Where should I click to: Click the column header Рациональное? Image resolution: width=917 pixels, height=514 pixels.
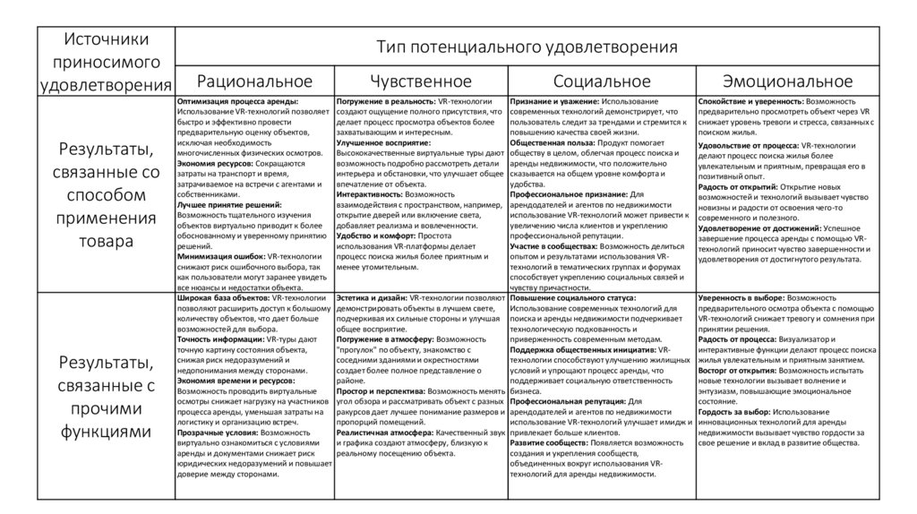(254, 81)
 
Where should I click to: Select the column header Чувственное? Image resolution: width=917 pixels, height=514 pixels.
(420, 81)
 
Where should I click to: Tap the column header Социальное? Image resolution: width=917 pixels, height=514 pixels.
(601, 81)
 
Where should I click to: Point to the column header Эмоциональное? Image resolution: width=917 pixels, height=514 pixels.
(787, 81)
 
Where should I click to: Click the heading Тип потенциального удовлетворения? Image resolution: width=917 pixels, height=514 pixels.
(526, 46)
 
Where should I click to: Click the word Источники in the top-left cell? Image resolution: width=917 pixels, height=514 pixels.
(105, 42)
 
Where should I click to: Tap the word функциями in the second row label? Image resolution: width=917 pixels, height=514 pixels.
(105, 431)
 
